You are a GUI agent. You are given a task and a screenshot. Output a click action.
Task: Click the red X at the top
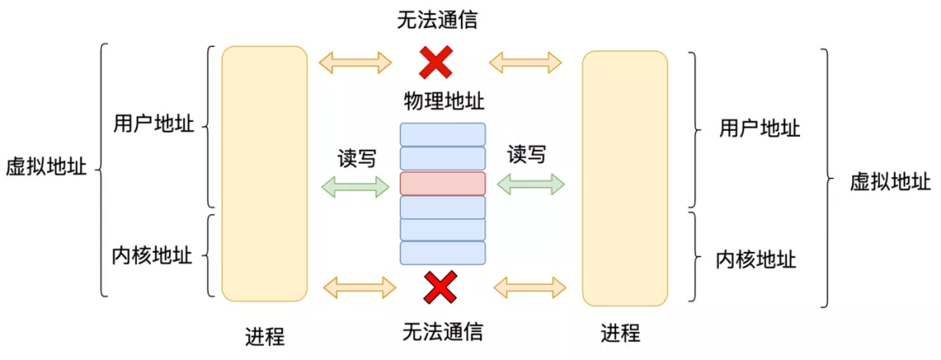pyautogui.click(x=437, y=62)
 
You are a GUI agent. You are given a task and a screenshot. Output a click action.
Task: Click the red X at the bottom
pyautogui.click(x=441, y=287)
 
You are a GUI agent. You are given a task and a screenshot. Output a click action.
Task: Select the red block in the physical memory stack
pyautogui.click(x=443, y=183)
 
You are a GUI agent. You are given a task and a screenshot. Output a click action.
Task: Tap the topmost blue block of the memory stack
pyautogui.click(x=443, y=134)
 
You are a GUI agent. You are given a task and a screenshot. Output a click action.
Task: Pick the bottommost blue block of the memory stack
pyautogui.click(x=443, y=253)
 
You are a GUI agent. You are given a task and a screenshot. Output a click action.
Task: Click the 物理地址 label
pyautogui.click(x=443, y=102)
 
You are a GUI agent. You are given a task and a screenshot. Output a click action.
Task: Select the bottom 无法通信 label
pyautogui.click(x=443, y=332)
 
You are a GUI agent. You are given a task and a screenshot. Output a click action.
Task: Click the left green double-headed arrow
pyautogui.click(x=355, y=186)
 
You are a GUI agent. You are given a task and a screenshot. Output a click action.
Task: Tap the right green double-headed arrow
pyautogui.click(x=531, y=183)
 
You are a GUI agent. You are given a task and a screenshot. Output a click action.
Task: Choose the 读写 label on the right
pyautogui.click(x=527, y=155)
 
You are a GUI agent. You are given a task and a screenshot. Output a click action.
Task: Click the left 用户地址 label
pyautogui.click(x=153, y=124)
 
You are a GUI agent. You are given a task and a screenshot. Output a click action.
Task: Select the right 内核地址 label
pyautogui.click(x=756, y=259)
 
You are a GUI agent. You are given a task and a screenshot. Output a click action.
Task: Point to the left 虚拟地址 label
pyautogui.click(x=46, y=167)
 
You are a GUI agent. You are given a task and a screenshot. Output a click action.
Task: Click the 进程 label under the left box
pyautogui.click(x=265, y=336)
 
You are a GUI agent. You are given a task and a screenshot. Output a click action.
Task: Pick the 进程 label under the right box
pyautogui.click(x=620, y=333)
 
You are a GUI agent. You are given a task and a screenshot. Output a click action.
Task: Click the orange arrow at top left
pyautogui.click(x=355, y=62)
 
